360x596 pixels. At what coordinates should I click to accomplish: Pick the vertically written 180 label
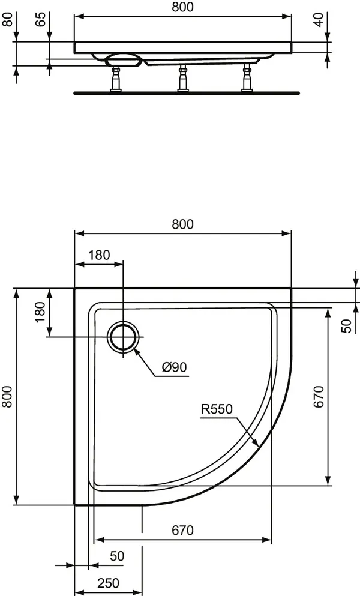click(x=40, y=312)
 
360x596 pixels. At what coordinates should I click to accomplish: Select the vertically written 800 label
click(x=7, y=396)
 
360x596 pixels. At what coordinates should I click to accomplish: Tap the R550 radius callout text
click(x=217, y=410)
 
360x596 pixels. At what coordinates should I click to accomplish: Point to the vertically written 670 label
click(x=319, y=396)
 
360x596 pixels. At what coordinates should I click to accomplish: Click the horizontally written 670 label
click(x=182, y=530)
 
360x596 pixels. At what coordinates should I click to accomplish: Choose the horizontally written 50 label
click(x=117, y=556)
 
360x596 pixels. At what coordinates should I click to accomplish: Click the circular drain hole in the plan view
click(x=123, y=337)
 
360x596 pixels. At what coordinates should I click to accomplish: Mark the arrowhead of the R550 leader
click(x=256, y=447)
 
